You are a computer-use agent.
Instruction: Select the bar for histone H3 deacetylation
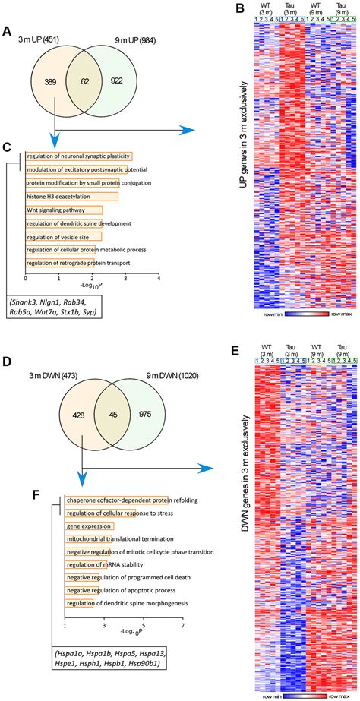(x=72, y=197)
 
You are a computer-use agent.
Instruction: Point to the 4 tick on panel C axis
(x=159, y=278)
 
